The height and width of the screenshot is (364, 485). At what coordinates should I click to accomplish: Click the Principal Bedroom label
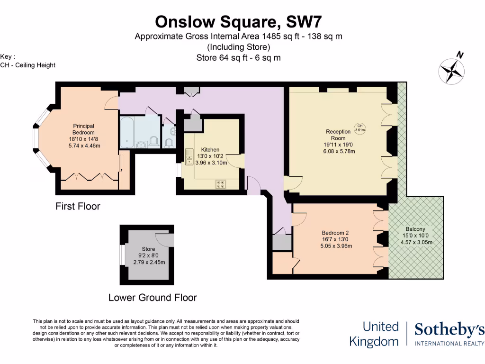pyautogui.click(x=83, y=129)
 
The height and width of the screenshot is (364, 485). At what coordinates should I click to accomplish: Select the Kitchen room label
pyautogui.click(x=210, y=150)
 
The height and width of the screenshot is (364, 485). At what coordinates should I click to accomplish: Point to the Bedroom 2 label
pyautogui.click(x=335, y=233)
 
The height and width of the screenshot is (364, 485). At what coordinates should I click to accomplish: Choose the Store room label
pyautogui.click(x=149, y=249)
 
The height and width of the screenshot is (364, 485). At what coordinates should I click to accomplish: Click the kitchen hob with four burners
pyautogui.click(x=221, y=184)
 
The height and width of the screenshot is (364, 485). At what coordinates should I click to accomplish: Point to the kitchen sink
pyautogui.click(x=189, y=157)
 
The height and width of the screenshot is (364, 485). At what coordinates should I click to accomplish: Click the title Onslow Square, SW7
pyautogui.click(x=239, y=22)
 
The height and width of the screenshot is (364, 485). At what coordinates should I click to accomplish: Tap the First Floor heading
pyautogui.click(x=78, y=207)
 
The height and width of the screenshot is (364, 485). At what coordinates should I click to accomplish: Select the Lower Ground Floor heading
pyautogui.click(x=153, y=298)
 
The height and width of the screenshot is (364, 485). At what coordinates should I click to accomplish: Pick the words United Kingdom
pyautogui.click(x=374, y=334)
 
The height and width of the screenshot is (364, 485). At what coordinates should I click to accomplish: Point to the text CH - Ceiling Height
pyautogui.click(x=28, y=65)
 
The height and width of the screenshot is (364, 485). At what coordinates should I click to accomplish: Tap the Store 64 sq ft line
pyautogui.click(x=239, y=58)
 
